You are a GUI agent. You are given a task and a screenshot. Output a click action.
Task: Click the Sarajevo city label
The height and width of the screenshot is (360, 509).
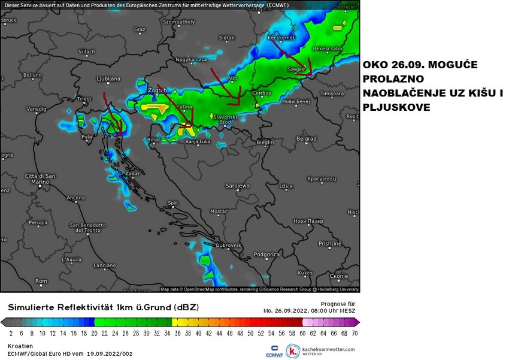[238, 186]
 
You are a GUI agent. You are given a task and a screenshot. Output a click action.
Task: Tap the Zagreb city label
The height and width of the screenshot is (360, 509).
[156, 91]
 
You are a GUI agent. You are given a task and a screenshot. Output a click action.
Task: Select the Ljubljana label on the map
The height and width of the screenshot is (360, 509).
[108, 78]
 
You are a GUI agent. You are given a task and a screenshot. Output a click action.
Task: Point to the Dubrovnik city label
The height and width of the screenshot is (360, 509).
[229, 246]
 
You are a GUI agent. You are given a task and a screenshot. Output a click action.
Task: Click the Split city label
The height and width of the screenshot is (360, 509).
[173, 203]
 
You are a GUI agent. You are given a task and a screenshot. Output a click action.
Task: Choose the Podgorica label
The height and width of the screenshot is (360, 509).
[267, 255]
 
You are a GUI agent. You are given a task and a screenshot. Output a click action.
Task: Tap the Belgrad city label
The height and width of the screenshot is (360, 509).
[307, 138]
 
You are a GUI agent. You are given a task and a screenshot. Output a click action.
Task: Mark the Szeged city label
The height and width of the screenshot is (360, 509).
[298, 69]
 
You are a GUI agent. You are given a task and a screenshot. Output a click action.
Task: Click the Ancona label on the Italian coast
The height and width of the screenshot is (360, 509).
[75, 197]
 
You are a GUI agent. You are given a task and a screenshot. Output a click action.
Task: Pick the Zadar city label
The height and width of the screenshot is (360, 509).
[134, 173]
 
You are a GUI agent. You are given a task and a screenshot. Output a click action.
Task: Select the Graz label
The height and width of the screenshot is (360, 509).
[140, 29]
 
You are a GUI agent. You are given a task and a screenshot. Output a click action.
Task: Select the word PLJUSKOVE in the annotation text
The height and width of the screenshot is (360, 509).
[393, 108]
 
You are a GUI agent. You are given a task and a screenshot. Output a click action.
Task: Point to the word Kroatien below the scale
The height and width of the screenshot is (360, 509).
[20, 346]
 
